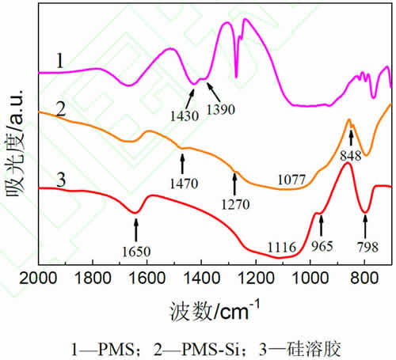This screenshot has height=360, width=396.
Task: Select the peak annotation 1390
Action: click(222, 109)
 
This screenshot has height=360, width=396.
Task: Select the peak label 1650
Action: click(135, 252)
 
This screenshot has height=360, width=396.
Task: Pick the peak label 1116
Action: click(281, 247)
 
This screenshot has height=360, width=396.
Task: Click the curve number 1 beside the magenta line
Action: click(59, 60)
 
